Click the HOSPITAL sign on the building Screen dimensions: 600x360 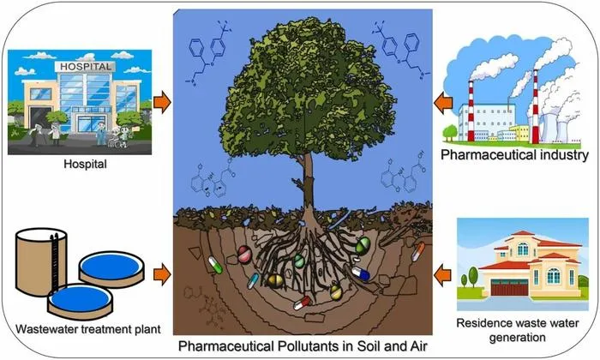click(86, 67)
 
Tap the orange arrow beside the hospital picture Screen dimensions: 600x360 click(162, 102)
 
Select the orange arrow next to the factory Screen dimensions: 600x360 click(443, 103)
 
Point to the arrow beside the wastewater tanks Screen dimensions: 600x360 click(162, 274)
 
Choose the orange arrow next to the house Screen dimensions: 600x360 click(443, 275)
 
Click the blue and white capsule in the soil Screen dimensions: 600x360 click(361, 273)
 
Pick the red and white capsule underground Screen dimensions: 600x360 click(303, 303)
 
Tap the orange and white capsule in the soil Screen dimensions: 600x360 click(418, 252)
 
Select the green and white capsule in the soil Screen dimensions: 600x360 click(215, 265)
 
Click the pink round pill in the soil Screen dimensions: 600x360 click(244, 254)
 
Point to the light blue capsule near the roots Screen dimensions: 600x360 click(253, 281)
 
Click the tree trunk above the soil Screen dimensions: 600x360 click(308, 183)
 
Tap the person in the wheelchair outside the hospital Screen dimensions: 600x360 click(114, 139)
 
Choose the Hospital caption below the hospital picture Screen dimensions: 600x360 click(85, 165)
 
